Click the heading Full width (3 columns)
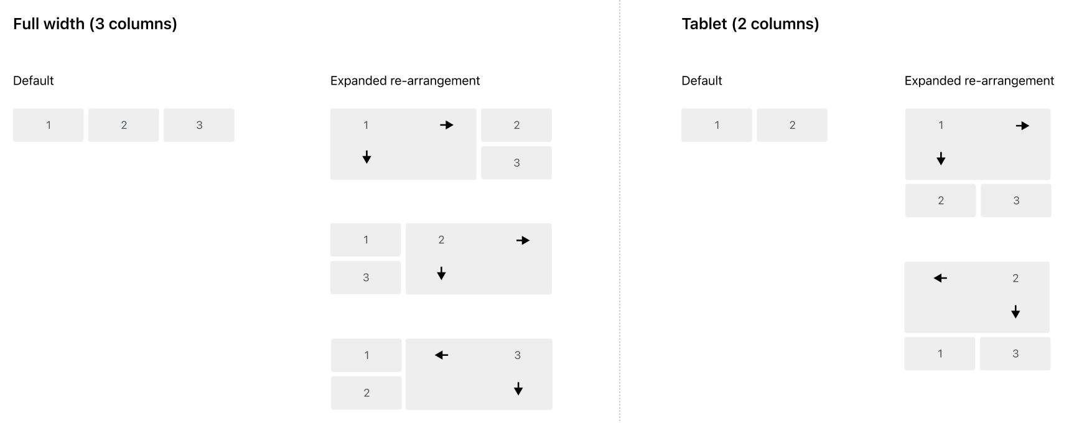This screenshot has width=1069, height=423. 95,24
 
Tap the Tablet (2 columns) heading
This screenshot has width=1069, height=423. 750,24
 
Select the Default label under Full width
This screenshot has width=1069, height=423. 34,81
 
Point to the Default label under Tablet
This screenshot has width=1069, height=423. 702,81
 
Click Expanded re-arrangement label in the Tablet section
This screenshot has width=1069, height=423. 979,81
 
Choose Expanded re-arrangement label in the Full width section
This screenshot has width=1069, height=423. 405,81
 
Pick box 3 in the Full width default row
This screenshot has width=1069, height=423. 199,125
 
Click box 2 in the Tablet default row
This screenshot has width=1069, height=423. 792,125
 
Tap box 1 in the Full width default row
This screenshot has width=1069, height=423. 49,125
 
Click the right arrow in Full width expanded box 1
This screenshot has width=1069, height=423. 447,125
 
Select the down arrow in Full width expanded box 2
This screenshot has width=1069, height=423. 441,273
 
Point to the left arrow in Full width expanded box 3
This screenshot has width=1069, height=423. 441,355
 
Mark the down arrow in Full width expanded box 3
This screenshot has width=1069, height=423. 518,389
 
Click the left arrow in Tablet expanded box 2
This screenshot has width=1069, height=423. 940,278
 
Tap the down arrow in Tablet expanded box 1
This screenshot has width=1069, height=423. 941,159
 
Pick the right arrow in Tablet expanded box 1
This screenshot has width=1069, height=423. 1022,126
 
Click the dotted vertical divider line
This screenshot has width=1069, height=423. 620,211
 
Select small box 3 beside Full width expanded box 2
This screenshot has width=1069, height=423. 366,277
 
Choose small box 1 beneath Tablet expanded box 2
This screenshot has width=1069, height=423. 940,354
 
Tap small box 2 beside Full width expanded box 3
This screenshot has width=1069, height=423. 366,393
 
